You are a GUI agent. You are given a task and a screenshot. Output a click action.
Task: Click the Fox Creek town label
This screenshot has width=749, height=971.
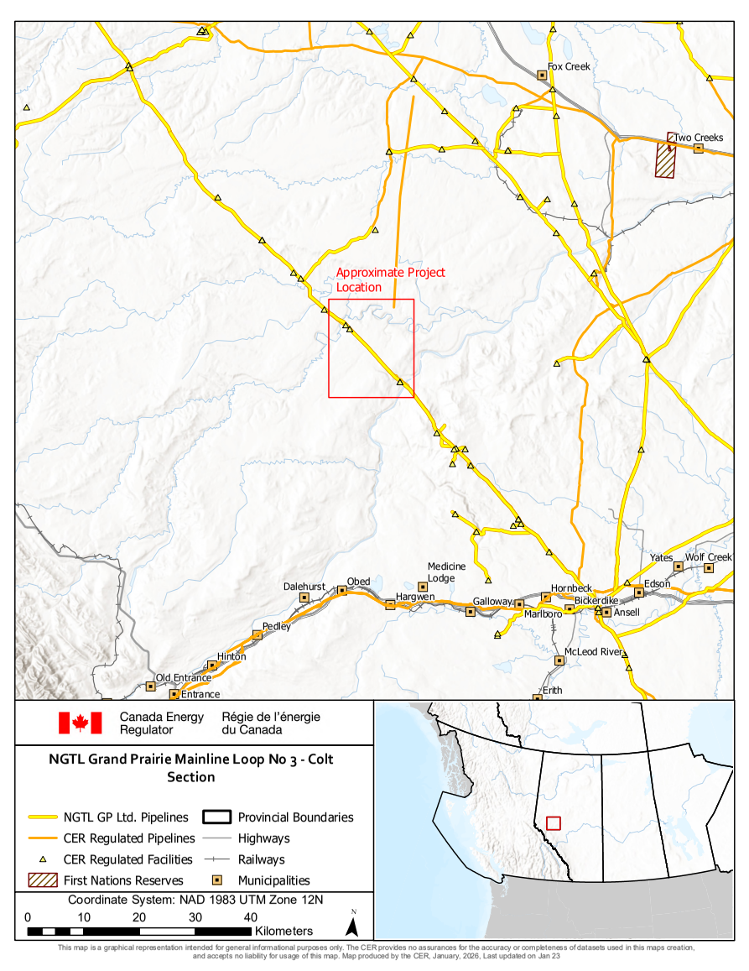[569, 66]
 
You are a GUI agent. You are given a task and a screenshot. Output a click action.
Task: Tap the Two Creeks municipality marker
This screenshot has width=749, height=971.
[699, 149]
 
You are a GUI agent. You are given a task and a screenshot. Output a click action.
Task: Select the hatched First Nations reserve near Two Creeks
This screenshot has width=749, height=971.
[666, 159]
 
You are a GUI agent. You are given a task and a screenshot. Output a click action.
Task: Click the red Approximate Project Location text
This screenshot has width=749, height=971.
[390, 279]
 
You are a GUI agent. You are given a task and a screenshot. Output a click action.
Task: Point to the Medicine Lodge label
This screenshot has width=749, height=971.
[446, 572]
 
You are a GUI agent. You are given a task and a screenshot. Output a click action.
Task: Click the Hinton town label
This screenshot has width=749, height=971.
[231, 656]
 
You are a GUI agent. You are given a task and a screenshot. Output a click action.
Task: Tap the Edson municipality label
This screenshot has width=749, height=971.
[657, 583]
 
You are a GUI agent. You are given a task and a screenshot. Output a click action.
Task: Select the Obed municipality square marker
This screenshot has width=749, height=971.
[342, 591]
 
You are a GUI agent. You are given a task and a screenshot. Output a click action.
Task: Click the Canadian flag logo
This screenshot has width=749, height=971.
[80, 723]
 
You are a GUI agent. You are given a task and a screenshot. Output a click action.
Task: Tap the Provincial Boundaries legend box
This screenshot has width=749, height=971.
[220, 817]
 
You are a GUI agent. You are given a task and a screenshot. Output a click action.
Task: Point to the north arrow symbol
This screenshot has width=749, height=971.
[353, 926]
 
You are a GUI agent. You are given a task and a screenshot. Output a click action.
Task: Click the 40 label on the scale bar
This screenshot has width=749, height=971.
[250, 916]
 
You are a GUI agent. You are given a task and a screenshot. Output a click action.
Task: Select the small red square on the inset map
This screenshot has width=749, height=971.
[553, 823]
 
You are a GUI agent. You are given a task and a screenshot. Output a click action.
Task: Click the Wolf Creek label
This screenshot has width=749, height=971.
[709, 557]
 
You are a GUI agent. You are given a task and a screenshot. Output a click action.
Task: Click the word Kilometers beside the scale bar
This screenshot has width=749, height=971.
[283, 931]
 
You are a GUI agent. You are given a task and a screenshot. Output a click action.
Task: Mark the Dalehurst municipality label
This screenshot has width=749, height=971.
[304, 587]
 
